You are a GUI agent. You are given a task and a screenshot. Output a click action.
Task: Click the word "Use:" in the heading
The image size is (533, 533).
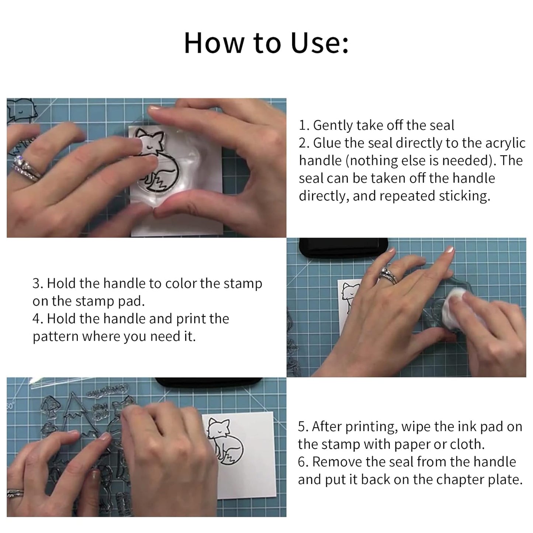319,43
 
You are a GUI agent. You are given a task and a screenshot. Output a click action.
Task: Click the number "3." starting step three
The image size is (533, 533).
38,283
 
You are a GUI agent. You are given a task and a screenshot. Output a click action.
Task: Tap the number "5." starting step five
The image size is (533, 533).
303,427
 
